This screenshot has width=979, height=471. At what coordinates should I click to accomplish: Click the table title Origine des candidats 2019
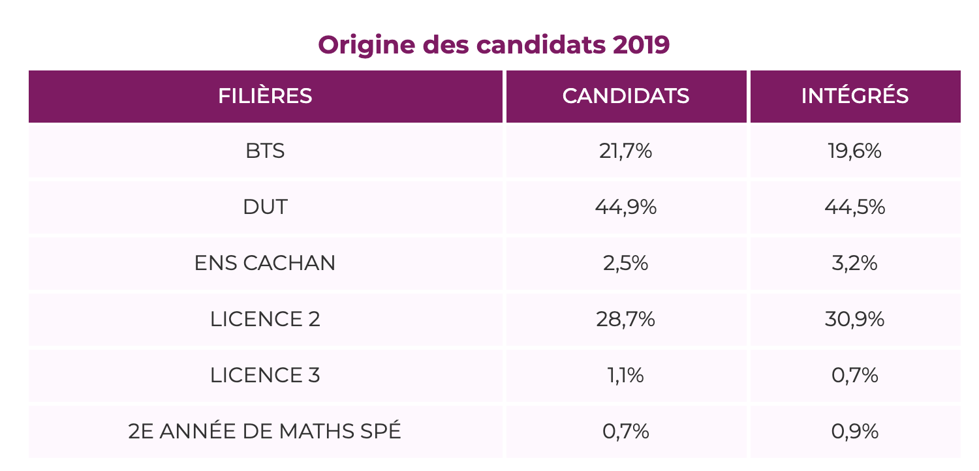tap(493, 45)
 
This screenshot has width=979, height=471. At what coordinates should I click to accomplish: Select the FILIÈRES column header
tap(265, 96)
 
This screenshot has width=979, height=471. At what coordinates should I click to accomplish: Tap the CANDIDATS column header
tap(626, 96)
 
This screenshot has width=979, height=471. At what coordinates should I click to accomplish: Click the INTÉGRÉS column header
tap(855, 96)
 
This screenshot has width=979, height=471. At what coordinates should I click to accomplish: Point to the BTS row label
tap(265, 151)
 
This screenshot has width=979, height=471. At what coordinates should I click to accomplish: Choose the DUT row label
tap(265, 207)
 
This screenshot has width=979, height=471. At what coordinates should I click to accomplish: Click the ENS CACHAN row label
tap(265, 264)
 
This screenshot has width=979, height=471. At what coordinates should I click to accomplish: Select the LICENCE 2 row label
tap(265, 320)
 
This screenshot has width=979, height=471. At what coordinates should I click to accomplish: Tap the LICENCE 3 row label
tap(265, 376)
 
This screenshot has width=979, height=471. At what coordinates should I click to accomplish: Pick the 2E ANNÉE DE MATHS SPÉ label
tap(265, 432)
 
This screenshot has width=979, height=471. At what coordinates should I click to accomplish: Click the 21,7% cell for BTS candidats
tap(626, 151)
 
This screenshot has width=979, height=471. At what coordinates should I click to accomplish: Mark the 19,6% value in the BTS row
tap(855, 151)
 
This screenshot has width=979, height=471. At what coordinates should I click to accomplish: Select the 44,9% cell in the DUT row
tap(626, 207)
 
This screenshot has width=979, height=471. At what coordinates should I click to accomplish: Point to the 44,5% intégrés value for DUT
tap(855, 207)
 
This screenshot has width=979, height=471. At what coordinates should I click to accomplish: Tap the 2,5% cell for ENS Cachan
tap(626, 264)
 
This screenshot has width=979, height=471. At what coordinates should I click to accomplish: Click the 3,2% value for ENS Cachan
tap(855, 264)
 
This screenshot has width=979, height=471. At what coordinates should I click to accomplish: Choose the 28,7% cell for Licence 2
tap(626, 320)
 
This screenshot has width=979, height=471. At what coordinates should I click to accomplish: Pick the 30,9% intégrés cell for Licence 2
tap(855, 320)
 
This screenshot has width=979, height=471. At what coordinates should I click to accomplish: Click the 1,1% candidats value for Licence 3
tap(626, 376)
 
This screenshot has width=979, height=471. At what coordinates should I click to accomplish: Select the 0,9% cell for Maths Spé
tap(855, 432)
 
